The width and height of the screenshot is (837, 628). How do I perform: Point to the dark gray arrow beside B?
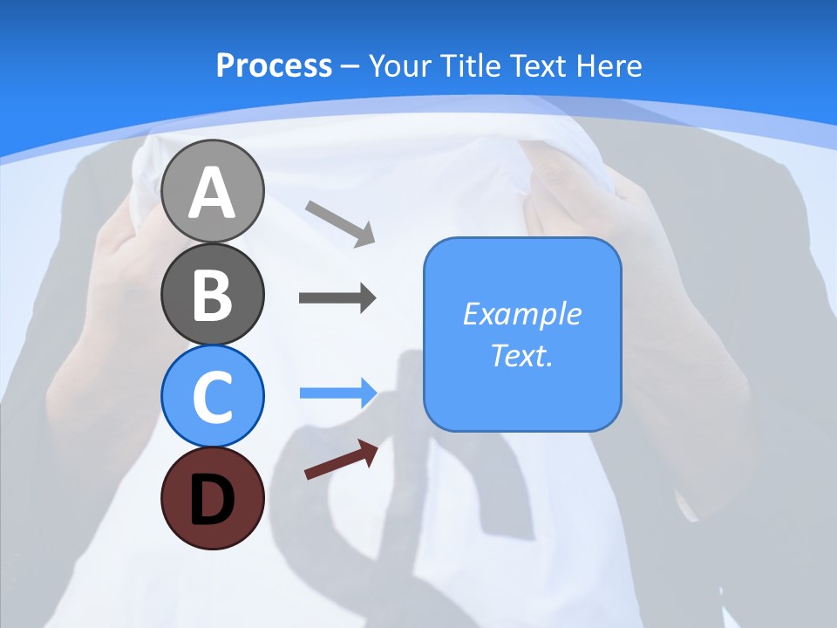pos(337,298)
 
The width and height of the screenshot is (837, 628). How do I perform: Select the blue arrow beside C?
pos(337,392)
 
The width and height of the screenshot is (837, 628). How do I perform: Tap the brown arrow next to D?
pos(342,460)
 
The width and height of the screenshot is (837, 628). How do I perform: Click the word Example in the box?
pos(521,314)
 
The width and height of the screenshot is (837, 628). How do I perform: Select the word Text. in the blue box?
pos(521,356)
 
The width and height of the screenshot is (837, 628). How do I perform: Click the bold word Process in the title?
pos(274,65)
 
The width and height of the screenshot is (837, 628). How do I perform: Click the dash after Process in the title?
pos(350,66)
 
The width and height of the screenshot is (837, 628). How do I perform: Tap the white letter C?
pos(213,398)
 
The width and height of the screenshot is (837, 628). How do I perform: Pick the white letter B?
pos(213,295)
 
